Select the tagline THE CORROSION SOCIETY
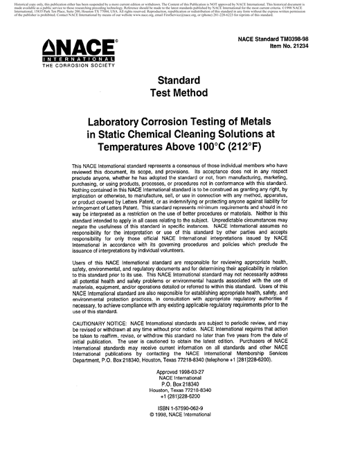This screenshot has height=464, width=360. coord(72,73)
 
